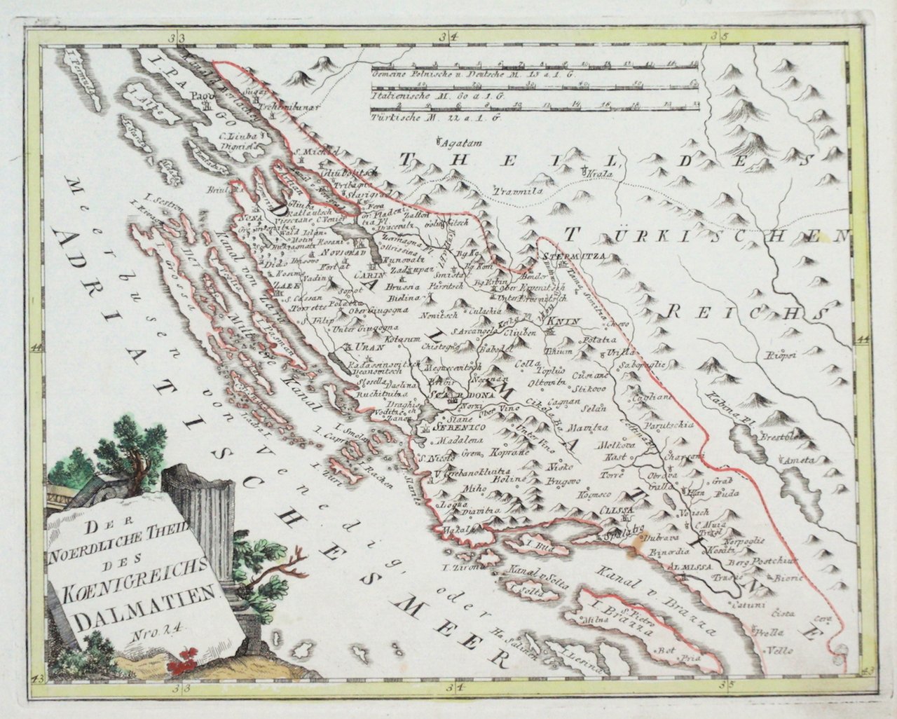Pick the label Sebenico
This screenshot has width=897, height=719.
tap(455, 426)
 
